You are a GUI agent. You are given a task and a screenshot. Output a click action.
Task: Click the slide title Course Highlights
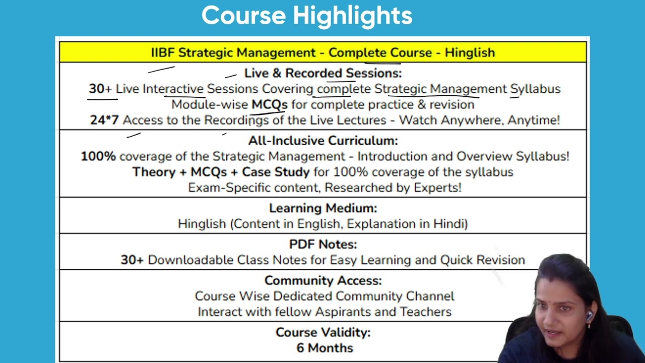coord(307,16)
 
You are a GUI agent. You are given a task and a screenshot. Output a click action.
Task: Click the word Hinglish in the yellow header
coord(470,52)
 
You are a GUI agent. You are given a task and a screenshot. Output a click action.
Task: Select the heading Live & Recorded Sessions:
coord(322,73)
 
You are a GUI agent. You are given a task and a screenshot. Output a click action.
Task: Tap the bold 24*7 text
coord(104,120)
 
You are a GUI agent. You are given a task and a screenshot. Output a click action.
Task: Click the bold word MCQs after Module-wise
coord(269,105)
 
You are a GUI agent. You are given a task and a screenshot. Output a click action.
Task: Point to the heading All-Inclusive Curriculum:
coord(322,141)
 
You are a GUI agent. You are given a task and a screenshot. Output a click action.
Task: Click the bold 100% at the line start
coord(98,156)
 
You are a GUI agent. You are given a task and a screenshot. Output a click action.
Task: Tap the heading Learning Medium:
coord(322,208)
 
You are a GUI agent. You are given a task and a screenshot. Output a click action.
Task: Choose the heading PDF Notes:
coord(322,245)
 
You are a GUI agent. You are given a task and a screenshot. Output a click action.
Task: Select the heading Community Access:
coord(322,280)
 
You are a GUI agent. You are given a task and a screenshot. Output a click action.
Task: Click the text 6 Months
coord(325,348)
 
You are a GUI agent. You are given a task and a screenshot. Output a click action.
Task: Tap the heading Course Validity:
coord(322,333)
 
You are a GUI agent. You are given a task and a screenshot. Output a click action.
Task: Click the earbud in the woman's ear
coord(590,316)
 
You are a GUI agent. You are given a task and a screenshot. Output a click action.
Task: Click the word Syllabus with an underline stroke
coord(535,89)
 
